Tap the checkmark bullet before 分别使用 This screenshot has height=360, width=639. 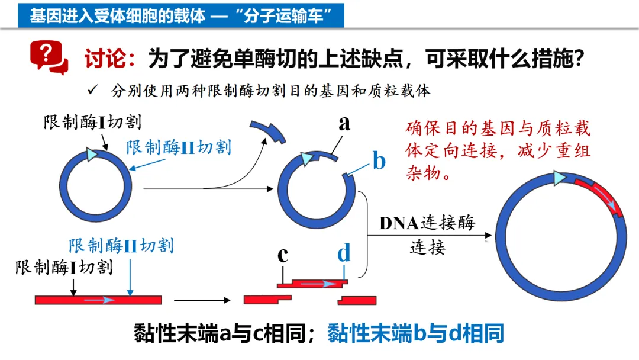coord(92,90)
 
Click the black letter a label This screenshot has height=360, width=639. coord(344,123)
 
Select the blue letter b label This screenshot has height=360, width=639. coord(379,161)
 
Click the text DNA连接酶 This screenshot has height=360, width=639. coord(427,223)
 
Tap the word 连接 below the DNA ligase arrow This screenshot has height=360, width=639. coord(427,247)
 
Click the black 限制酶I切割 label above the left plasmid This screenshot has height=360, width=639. coord(92,123)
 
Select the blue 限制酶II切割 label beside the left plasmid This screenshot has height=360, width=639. coord(178,147)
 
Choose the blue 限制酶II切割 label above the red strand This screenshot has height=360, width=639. coord(121,245)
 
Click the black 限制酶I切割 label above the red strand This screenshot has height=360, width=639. coord(63,267)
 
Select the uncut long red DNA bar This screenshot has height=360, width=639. coord(98,300)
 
